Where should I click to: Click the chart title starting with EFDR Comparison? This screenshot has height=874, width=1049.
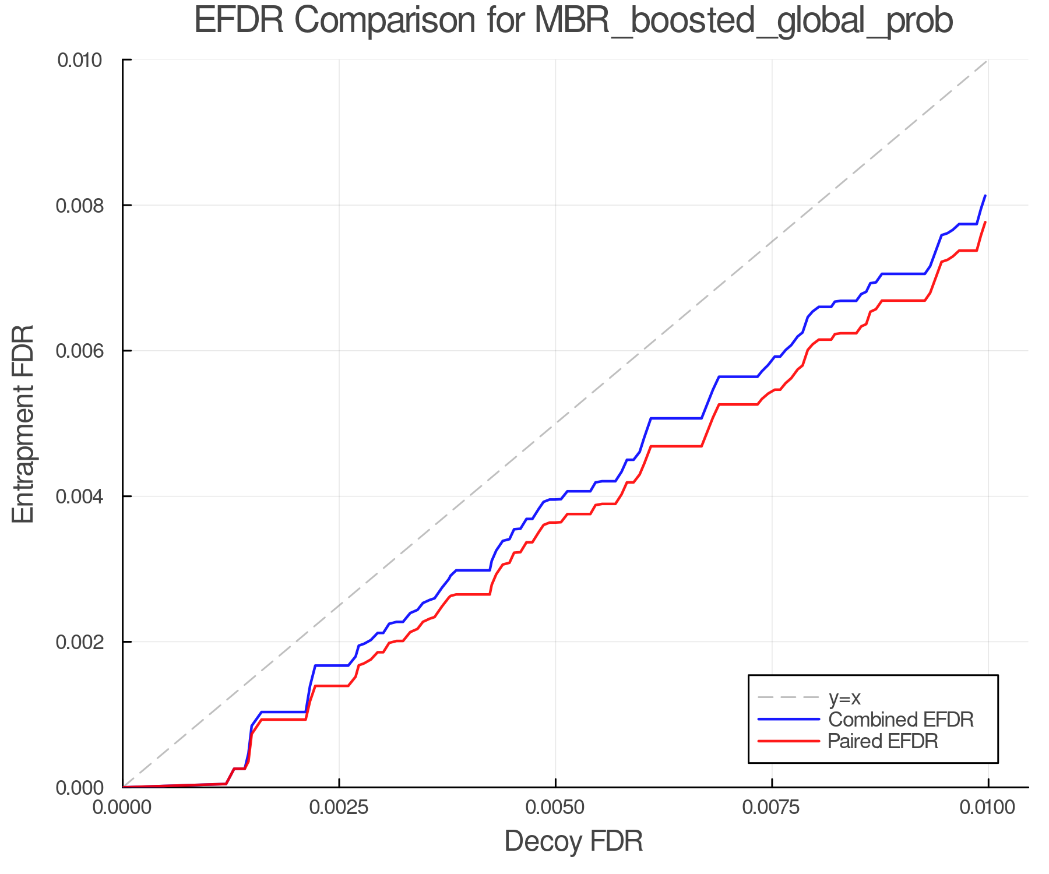(x=573, y=21)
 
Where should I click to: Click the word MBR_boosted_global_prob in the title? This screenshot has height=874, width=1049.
(x=744, y=21)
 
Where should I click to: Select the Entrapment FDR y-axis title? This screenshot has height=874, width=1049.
(x=24, y=424)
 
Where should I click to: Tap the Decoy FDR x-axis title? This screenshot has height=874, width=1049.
(x=573, y=841)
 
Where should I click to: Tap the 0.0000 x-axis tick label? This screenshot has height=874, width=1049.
(x=123, y=808)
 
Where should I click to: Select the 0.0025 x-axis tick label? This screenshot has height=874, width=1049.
(x=339, y=808)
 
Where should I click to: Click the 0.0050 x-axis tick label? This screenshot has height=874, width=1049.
(x=555, y=808)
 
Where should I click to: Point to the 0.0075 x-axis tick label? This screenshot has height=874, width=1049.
(x=772, y=808)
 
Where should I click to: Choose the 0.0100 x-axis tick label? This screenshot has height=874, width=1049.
(x=988, y=808)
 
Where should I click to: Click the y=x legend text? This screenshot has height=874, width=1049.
(x=844, y=697)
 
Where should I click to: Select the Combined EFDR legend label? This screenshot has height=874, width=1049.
(x=901, y=720)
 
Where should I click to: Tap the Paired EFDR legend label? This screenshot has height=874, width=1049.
(x=883, y=741)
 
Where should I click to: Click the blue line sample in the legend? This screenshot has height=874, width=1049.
(x=788, y=720)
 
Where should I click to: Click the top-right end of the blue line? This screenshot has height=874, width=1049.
(x=985, y=196)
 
